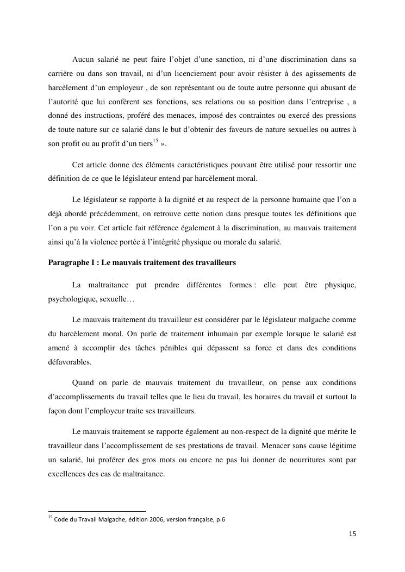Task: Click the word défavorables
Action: [x=70, y=362]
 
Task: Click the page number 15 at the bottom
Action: [x=352, y=534]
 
